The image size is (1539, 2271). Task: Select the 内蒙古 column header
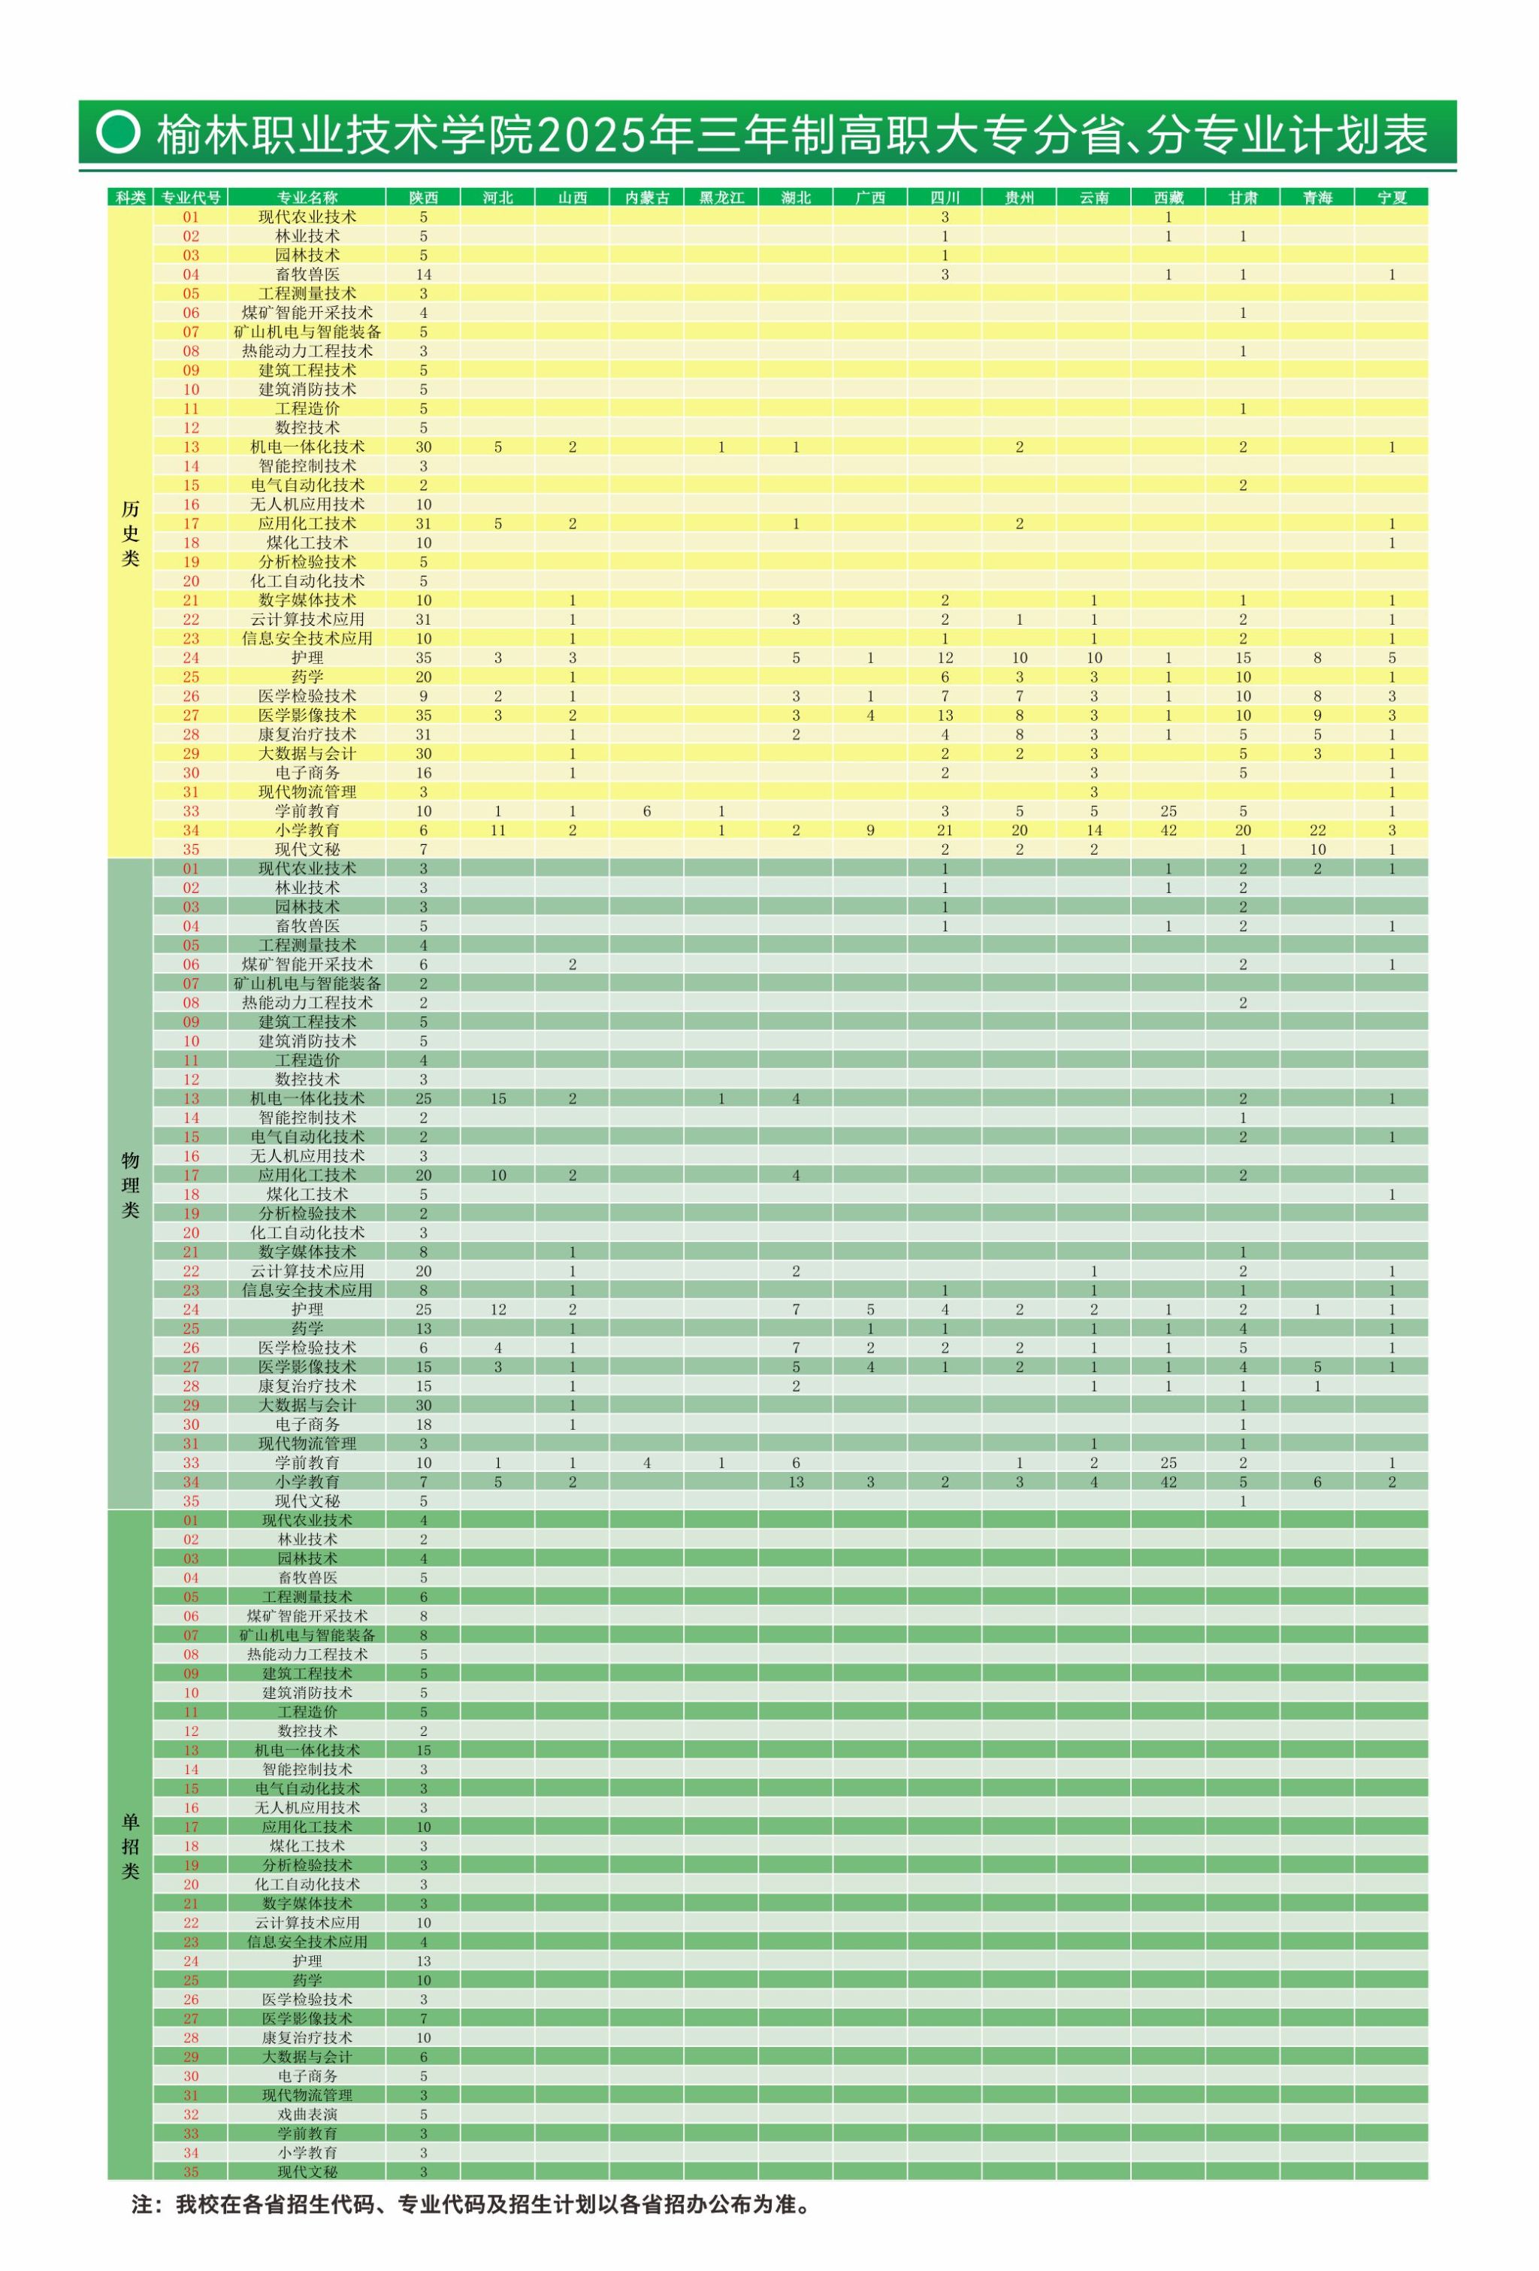point(647,198)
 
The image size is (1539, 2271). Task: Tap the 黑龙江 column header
point(721,198)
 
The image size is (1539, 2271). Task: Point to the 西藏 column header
point(1168,198)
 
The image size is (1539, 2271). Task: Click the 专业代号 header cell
point(191,198)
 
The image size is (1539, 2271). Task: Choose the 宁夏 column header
point(1392,198)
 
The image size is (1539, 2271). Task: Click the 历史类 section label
point(130,534)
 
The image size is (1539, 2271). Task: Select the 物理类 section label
point(130,1185)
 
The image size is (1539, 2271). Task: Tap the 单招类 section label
point(130,1846)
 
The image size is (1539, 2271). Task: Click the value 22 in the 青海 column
point(1317,831)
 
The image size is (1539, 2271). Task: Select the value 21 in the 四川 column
point(945,831)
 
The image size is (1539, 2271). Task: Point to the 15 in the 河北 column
point(498,1099)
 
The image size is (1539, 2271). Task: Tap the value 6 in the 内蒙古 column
point(647,811)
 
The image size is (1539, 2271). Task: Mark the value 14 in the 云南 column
point(1093,831)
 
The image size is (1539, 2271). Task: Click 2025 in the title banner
point(585,134)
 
